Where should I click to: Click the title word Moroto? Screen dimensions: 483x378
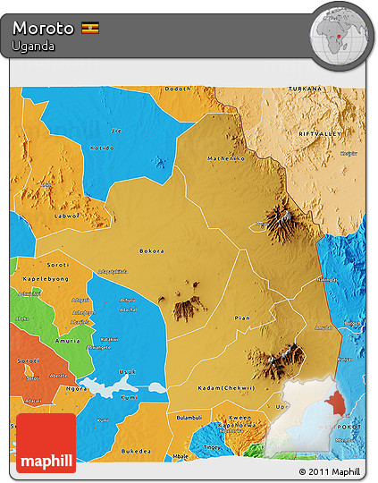pyautogui.click(x=43, y=28)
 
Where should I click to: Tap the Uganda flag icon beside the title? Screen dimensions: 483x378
pyautogui.click(x=91, y=28)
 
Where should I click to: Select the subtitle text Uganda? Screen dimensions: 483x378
pyautogui.click(x=34, y=46)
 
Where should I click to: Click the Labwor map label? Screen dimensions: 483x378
pyautogui.click(x=67, y=215)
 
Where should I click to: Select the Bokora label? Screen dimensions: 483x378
pyautogui.click(x=152, y=251)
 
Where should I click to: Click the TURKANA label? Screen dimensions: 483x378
pyautogui.click(x=305, y=90)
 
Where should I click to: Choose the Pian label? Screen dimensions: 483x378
pyautogui.click(x=241, y=318)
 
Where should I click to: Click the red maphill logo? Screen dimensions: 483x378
pyautogui.click(x=46, y=444)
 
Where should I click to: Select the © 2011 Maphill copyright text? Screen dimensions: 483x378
pyautogui.click(x=330, y=471)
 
